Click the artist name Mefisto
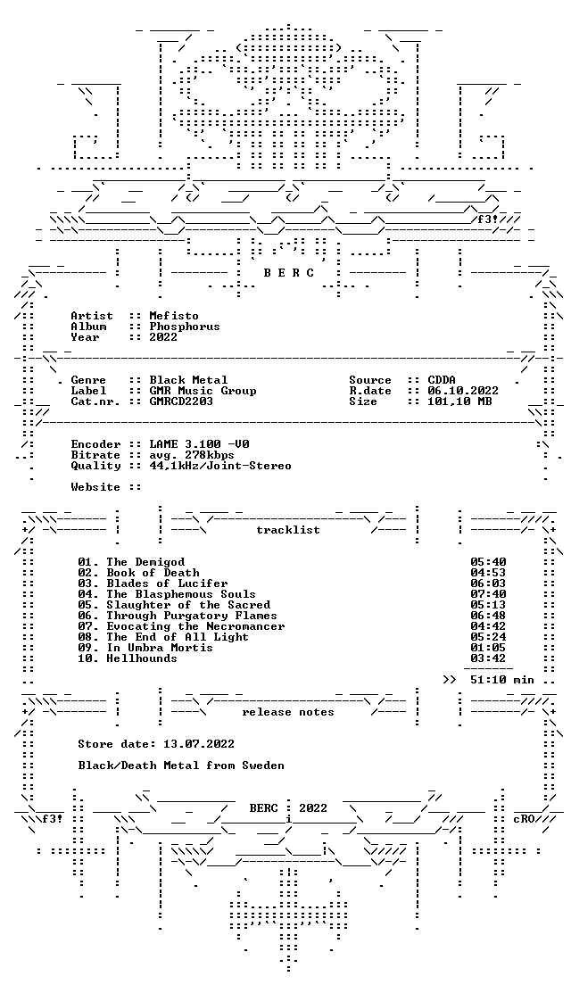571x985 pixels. (x=174, y=316)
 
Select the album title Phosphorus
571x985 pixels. (x=185, y=327)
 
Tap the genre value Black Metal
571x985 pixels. (x=188, y=380)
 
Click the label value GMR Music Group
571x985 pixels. (x=203, y=391)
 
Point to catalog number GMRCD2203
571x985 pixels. (x=181, y=401)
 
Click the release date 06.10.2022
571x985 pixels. (x=463, y=391)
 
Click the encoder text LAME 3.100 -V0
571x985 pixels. (x=199, y=444)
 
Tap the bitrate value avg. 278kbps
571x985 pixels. (x=192, y=455)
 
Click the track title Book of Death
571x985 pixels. (x=153, y=573)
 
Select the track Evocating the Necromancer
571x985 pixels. (x=195, y=626)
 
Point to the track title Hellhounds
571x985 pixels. (x=142, y=658)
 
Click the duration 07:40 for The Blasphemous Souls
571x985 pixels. (x=488, y=594)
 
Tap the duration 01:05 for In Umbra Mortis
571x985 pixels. (x=488, y=648)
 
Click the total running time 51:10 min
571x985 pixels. (x=502, y=680)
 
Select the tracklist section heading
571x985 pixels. (x=288, y=530)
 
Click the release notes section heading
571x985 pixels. (x=288, y=712)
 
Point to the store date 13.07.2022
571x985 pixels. (x=199, y=744)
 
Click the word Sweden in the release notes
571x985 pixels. (x=263, y=766)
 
